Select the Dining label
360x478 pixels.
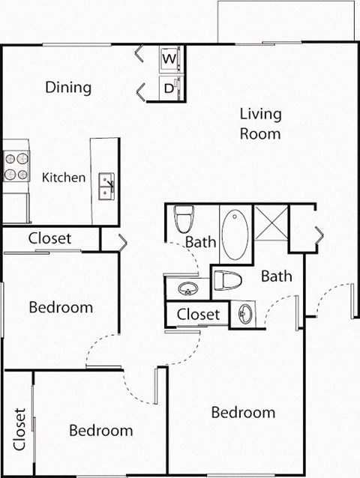[68, 87]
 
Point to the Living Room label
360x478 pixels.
[260, 124]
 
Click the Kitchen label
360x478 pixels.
[63, 178]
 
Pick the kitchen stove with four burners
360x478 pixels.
[16, 166]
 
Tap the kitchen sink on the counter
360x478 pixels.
[106, 186]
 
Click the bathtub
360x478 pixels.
[235, 234]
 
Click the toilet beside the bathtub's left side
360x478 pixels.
[183, 219]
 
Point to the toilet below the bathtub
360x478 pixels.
[227, 281]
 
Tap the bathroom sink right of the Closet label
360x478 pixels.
[242, 314]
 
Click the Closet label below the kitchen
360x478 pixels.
[50, 238]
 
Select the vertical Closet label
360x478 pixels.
[19, 429]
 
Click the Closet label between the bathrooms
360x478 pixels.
[199, 314]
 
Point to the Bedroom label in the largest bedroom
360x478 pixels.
[243, 412]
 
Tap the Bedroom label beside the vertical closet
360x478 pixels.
[101, 430]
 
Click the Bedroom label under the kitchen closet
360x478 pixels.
[61, 307]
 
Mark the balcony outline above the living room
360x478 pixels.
[285, 21]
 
